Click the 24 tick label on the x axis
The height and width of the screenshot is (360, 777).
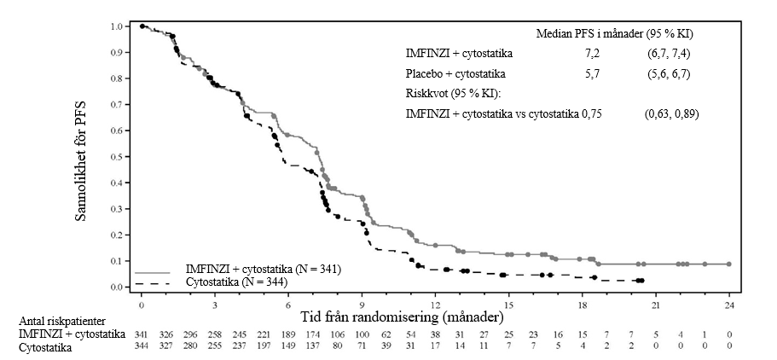pos(730,304)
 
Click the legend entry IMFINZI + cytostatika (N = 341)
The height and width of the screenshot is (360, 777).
pos(264,270)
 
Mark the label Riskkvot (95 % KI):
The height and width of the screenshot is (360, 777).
pos(453,93)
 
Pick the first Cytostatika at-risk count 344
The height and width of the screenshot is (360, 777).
pos(142,347)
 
